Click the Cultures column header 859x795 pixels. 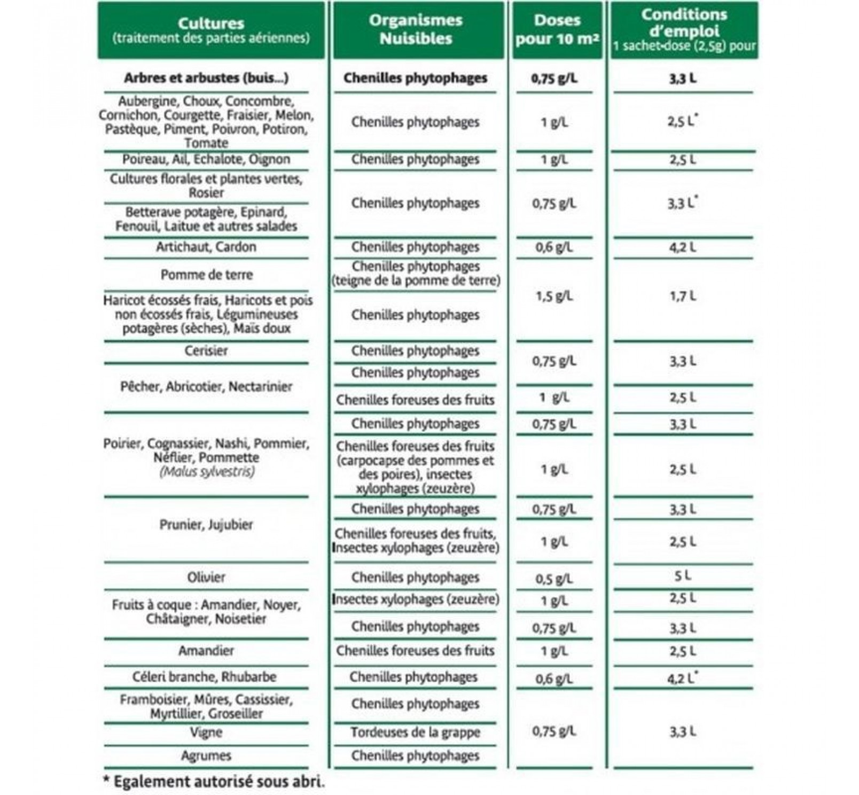pos(211,30)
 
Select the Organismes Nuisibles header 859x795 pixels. pos(416,29)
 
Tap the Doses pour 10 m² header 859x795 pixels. pos(557,29)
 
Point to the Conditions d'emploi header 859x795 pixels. pos(684,29)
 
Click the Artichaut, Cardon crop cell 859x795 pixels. pos(206,247)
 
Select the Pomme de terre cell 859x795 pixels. pos(206,275)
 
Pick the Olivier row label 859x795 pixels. pos(206,578)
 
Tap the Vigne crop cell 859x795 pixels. pos(206,732)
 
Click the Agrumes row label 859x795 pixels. pos(206,756)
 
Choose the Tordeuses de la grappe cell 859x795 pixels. pos(416,732)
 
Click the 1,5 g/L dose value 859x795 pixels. pos(554,297)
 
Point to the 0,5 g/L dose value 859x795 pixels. pos(554,579)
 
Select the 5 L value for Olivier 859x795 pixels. pos(682,576)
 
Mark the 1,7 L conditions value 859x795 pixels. pos(682,297)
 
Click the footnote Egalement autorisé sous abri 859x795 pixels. pos(214,782)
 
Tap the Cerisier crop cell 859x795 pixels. pos(206,351)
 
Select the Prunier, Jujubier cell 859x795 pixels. pos(206,525)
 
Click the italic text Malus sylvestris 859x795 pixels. pos(206,472)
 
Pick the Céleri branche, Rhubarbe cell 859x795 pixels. pos(205,677)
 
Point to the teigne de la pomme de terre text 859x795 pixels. pos(416,280)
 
